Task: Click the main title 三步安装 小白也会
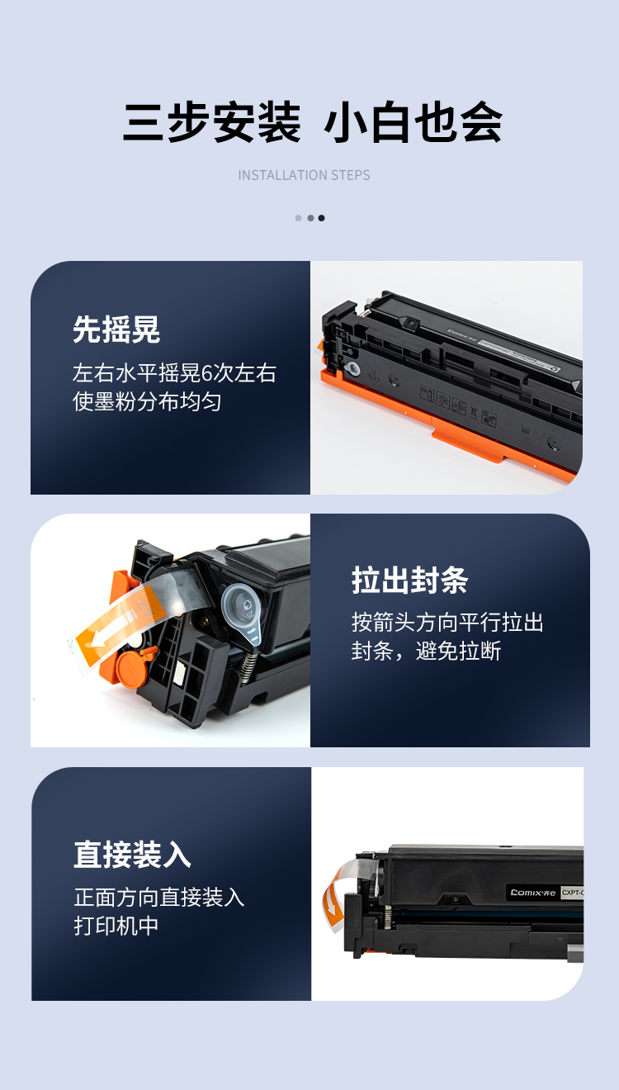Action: tap(312, 121)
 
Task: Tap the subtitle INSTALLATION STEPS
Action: tap(304, 175)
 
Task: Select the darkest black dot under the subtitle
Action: tap(321, 218)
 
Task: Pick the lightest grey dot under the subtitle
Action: tap(298, 218)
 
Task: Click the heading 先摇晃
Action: tap(116, 329)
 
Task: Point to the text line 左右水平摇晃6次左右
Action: tap(175, 373)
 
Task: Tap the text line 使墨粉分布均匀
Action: tap(148, 402)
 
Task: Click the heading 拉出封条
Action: tap(410, 580)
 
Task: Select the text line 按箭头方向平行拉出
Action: tap(447, 623)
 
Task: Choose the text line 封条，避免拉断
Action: tap(426, 651)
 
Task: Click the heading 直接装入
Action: tap(132, 854)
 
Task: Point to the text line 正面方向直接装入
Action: tap(159, 897)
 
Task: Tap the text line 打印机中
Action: tap(116, 926)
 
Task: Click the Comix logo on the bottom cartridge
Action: tap(533, 893)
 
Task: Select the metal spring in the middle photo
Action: tap(248, 666)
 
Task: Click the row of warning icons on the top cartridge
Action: tap(458, 405)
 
